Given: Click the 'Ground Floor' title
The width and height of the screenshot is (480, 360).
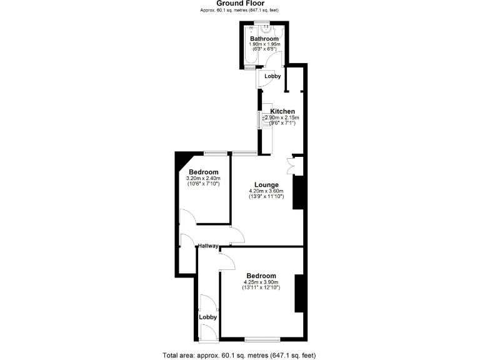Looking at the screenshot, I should pyautogui.click(x=241, y=3).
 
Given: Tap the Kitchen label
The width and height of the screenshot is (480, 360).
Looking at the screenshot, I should pyautogui.click(x=282, y=111).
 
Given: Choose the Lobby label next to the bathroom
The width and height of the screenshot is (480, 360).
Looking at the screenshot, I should pyautogui.click(x=272, y=76).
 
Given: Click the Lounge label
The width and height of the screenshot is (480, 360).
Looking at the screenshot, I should pyautogui.click(x=266, y=184).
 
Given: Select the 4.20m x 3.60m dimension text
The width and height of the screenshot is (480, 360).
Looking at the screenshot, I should pyautogui.click(x=266, y=191).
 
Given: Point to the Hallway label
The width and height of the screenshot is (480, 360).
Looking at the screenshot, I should pyautogui.click(x=207, y=246).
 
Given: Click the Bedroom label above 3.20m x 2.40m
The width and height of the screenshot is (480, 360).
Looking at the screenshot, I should pyautogui.click(x=203, y=172).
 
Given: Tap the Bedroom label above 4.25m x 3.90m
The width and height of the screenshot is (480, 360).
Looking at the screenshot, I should pyautogui.click(x=261, y=276).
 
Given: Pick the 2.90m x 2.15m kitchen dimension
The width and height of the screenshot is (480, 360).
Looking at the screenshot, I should pyautogui.click(x=282, y=117).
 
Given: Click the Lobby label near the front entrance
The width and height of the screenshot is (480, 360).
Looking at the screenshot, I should pyautogui.click(x=207, y=317).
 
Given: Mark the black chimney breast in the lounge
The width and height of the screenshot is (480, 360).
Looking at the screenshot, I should pyautogui.click(x=297, y=192).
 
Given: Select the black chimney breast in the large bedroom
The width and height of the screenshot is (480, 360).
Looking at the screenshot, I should pyautogui.click(x=299, y=292).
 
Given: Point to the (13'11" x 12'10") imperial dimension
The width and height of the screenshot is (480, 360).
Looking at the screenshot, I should pyautogui.click(x=261, y=287).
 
